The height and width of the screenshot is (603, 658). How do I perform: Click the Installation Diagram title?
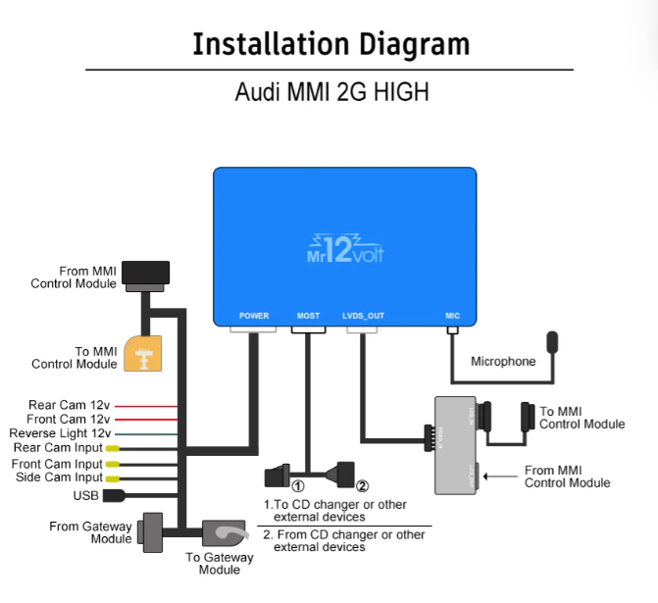coord(330,44)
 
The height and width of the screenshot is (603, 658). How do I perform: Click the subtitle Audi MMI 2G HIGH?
coord(331,93)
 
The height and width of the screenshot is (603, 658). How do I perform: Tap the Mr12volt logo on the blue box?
coord(344,249)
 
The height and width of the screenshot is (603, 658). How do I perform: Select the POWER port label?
coord(254,316)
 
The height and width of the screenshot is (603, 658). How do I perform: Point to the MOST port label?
coord(308,316)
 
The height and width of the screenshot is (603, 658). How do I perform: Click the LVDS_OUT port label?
coord(363,316)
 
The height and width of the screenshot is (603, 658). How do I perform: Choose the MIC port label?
coord(452,316)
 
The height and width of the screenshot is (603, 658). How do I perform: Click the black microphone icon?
coord(555,343)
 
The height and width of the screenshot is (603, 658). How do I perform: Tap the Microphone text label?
coord(503,362)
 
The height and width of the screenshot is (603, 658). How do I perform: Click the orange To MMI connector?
coord(146,353)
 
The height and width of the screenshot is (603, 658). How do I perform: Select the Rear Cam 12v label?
coord(69,405)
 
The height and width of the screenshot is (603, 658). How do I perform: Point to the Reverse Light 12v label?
coord(60,433)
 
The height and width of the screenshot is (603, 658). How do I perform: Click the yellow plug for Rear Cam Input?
coord(113,449)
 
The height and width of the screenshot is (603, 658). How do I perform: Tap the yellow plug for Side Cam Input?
coord(113,477)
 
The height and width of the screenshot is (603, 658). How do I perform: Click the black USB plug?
coord(114,495)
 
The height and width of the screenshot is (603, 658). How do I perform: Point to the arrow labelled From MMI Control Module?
coord(500,477)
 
